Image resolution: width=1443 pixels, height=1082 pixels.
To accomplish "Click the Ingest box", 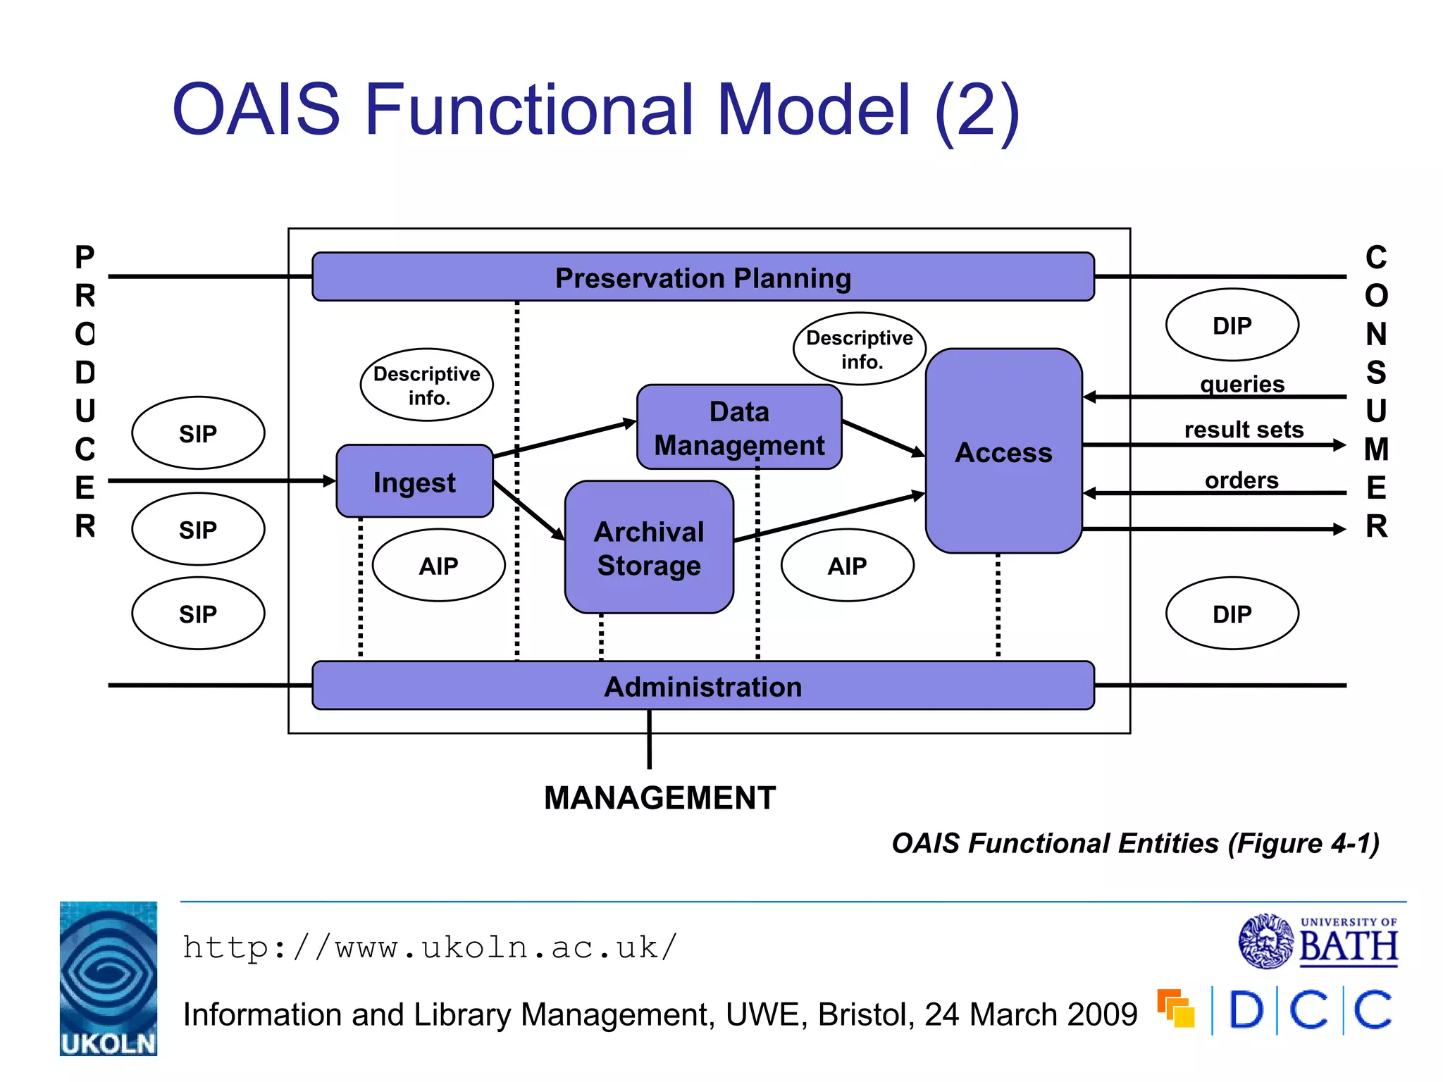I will coord(414,482).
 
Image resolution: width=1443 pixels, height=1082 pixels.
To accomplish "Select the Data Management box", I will coord(739,428).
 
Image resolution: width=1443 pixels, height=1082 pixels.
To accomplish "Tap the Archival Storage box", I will coord(649,548).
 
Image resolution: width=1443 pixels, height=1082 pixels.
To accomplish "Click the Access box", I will coord(1003,452).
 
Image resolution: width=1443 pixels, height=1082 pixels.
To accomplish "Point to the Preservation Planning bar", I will coord(702,278).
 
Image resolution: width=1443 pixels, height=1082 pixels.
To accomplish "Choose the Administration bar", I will coord(702,686).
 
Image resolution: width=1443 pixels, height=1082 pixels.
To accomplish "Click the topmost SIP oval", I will coord(198,433).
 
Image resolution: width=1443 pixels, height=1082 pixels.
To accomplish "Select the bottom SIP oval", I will coord(198,614).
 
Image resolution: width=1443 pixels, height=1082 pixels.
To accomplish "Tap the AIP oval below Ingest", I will coord(438,566).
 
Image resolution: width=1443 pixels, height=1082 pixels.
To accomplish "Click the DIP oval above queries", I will coord(1232,325).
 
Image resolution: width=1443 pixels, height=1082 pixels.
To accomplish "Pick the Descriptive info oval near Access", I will coord(859,349).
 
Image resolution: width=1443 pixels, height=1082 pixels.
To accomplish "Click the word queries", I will coord(1242,384).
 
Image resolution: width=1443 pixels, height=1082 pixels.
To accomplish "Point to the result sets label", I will coord(1244,429).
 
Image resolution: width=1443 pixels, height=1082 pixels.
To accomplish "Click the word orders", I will coord(1241,480).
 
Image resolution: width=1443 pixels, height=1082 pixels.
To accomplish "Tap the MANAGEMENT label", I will coord(659,798).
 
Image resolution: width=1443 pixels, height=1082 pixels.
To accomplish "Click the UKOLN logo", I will coord(109,978).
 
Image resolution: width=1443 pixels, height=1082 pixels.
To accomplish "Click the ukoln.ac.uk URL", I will coord(430,947).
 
